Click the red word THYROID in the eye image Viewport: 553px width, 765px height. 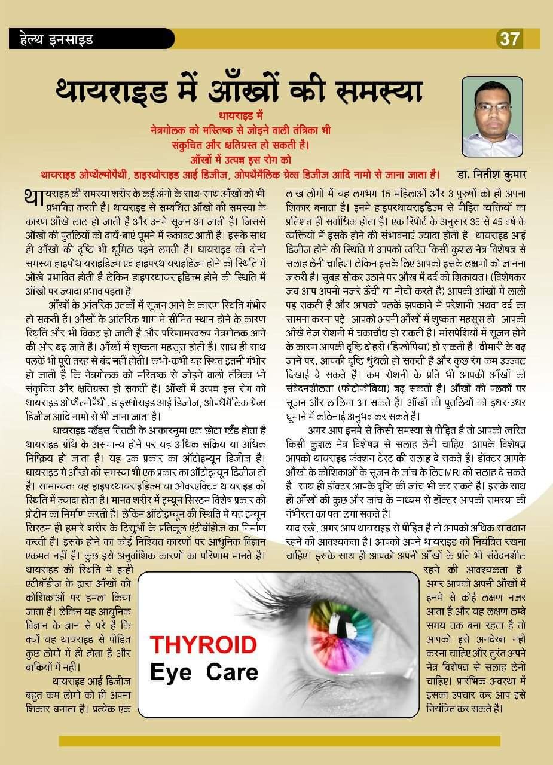tap(203, 645)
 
